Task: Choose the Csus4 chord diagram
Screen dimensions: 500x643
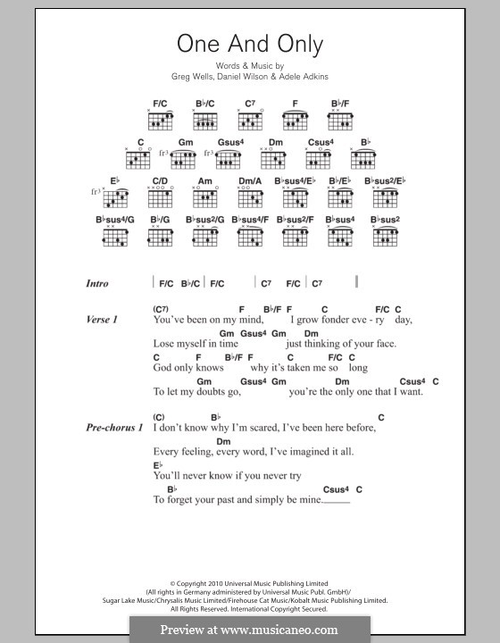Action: pos(320,160)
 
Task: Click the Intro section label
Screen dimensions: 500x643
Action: pos(97,284)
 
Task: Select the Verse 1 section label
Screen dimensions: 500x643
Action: pos(103,319)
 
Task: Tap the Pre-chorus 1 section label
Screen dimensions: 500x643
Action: pos(115,428)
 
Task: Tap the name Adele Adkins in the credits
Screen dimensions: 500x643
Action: pos(304,77)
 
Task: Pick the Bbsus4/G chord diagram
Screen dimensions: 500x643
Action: pos(114,235)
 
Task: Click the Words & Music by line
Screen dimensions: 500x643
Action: pos(250,66)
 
